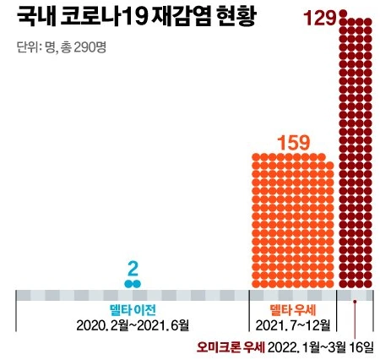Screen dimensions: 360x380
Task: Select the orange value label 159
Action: (x=295, y=143)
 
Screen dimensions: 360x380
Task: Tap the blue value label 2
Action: (x=132, y=270)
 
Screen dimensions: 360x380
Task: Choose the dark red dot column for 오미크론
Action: (x=358, y=152)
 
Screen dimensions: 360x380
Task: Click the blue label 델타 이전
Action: (x=133, y=309)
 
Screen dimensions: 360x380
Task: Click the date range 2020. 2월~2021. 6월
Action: (x=133, y=325)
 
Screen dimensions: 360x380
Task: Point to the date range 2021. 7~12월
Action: (x=291, y=325)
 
